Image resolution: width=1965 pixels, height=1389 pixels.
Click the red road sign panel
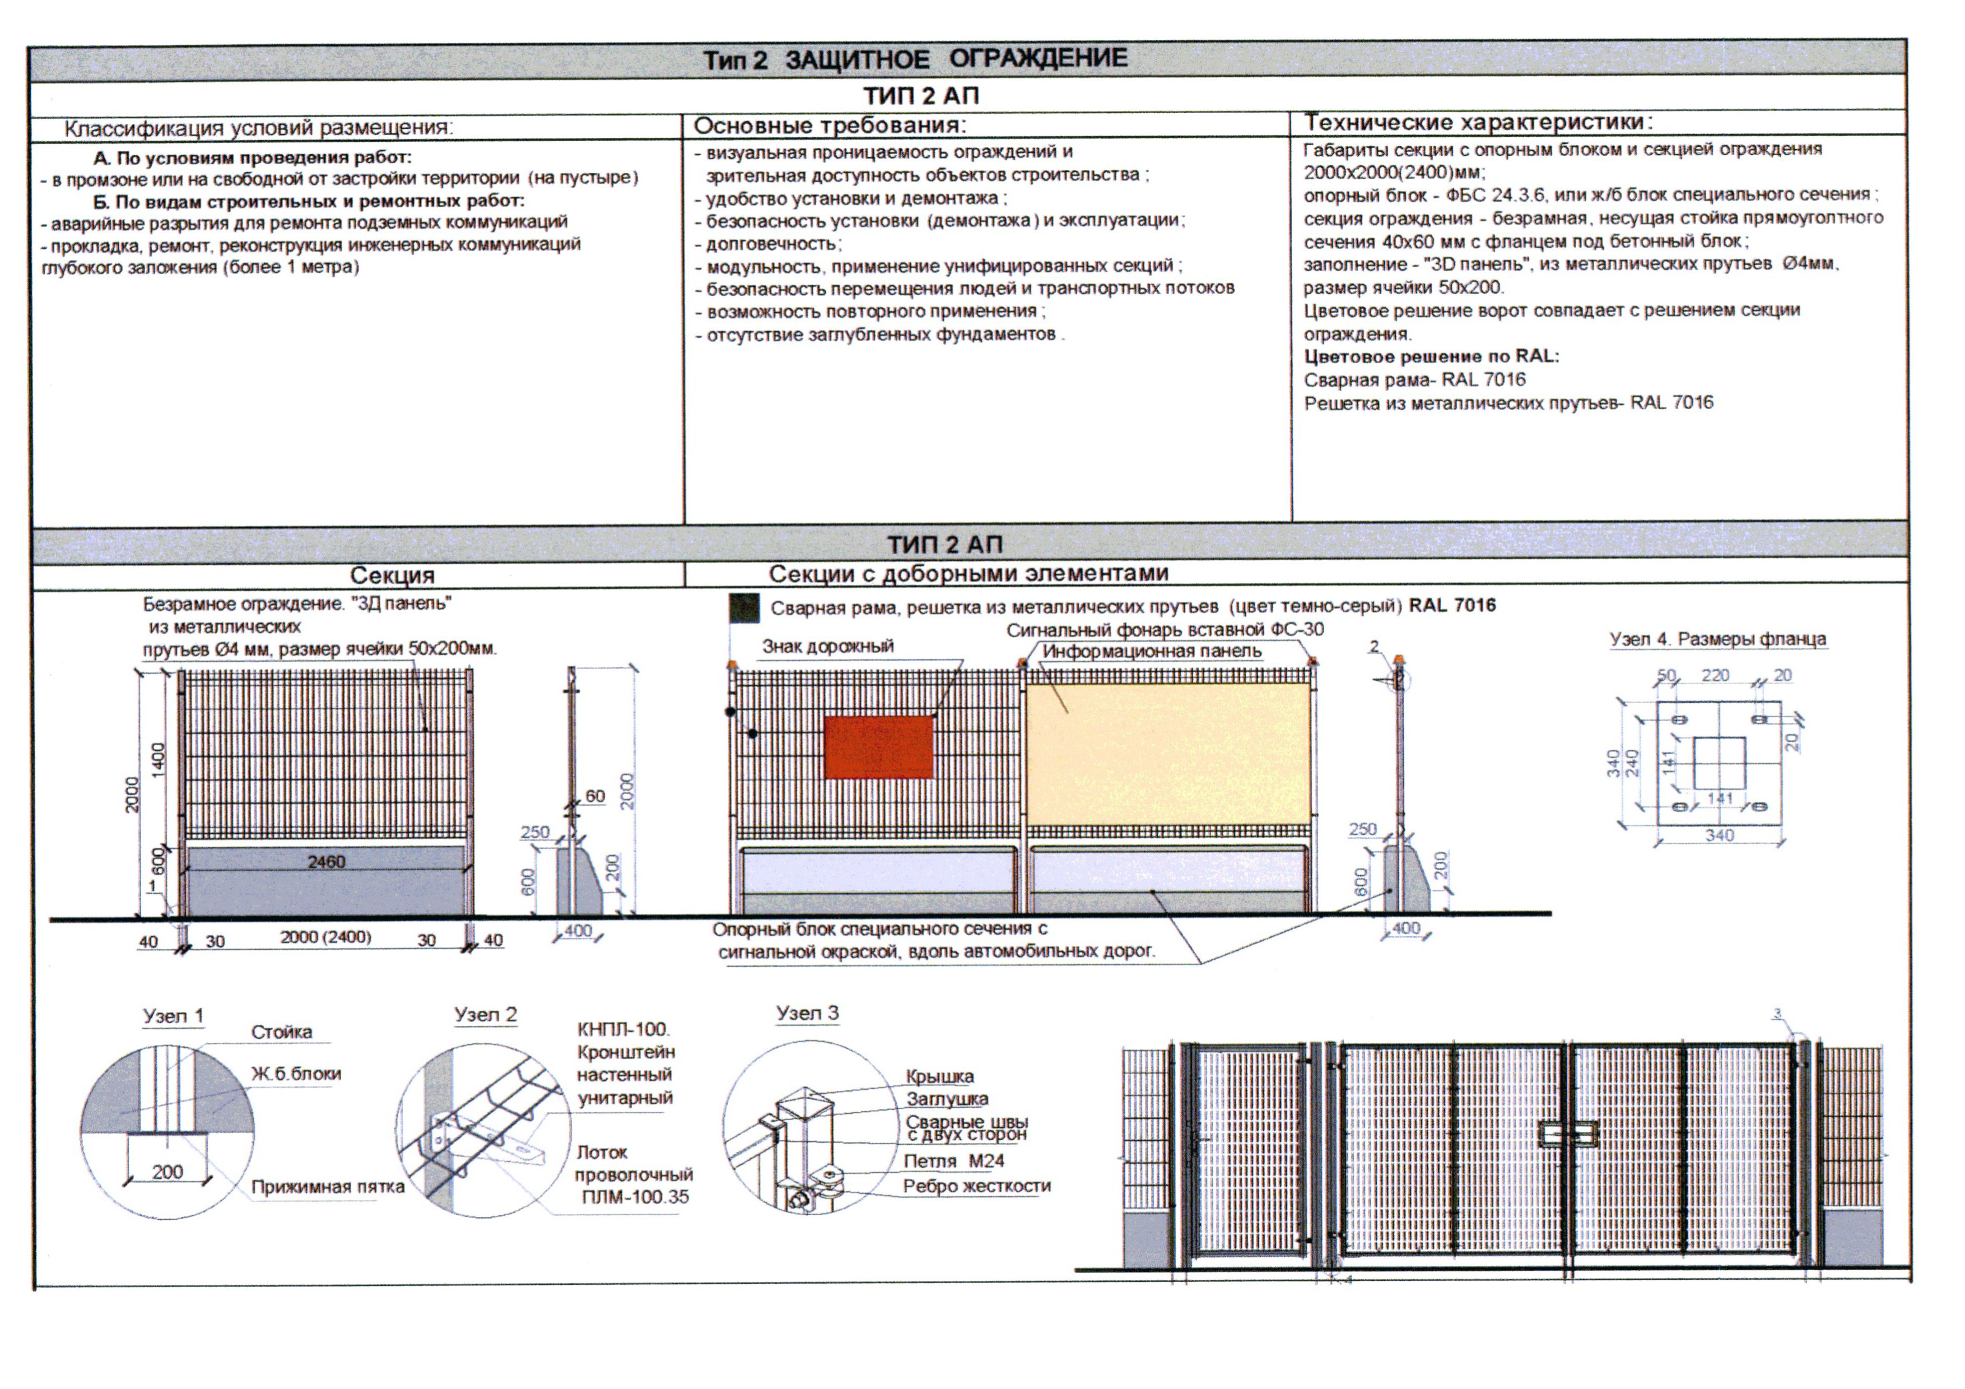pos(879,747)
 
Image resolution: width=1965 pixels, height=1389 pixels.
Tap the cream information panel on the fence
pos(1169,754)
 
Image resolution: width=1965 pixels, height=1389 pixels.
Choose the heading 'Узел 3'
pos(807,1012)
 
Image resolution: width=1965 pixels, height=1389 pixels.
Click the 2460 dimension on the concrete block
pos(326,862)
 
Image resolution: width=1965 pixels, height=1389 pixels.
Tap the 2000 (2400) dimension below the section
pos(326,937)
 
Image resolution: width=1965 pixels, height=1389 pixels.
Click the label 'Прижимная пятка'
pos(328,1187)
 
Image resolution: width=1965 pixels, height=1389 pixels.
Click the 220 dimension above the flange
pos(1715,675)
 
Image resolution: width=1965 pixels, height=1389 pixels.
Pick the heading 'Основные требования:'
pos(830,126)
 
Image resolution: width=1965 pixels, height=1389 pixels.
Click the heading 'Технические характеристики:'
pos(1478,122)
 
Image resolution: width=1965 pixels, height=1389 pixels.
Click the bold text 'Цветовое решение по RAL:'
pos(1431,356)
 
